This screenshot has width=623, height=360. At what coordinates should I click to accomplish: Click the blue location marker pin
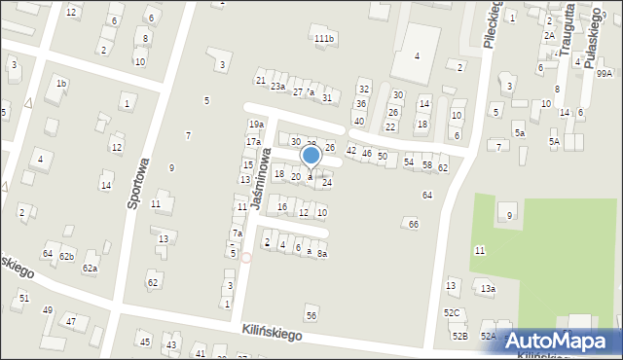[311, 156]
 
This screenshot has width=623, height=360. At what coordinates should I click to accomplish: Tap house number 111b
[324, 38]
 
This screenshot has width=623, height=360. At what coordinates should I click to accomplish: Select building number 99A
[605, 73]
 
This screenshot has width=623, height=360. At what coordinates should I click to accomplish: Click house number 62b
[66, 257]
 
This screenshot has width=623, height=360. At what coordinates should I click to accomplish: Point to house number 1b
[61, 84]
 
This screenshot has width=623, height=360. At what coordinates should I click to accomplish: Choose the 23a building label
[278, 87]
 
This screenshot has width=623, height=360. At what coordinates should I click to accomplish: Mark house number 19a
[256, 125]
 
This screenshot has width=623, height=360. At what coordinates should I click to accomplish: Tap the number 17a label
[252, 142]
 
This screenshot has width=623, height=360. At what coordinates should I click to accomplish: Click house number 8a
[321, 254]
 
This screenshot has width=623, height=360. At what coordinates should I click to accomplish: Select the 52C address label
[452, 312]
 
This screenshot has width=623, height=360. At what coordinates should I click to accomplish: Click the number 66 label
[414, 225]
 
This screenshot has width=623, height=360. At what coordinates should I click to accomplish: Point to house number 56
[311, 315]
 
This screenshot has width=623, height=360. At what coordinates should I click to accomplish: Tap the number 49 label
[48, 310]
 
